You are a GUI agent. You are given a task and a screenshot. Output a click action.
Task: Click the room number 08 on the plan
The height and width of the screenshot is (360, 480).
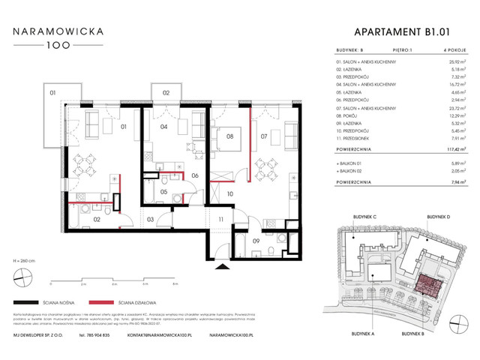click(x=231, y=137)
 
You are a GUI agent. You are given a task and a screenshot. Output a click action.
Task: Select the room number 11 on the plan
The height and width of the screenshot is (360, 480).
click(x=220, y=219)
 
